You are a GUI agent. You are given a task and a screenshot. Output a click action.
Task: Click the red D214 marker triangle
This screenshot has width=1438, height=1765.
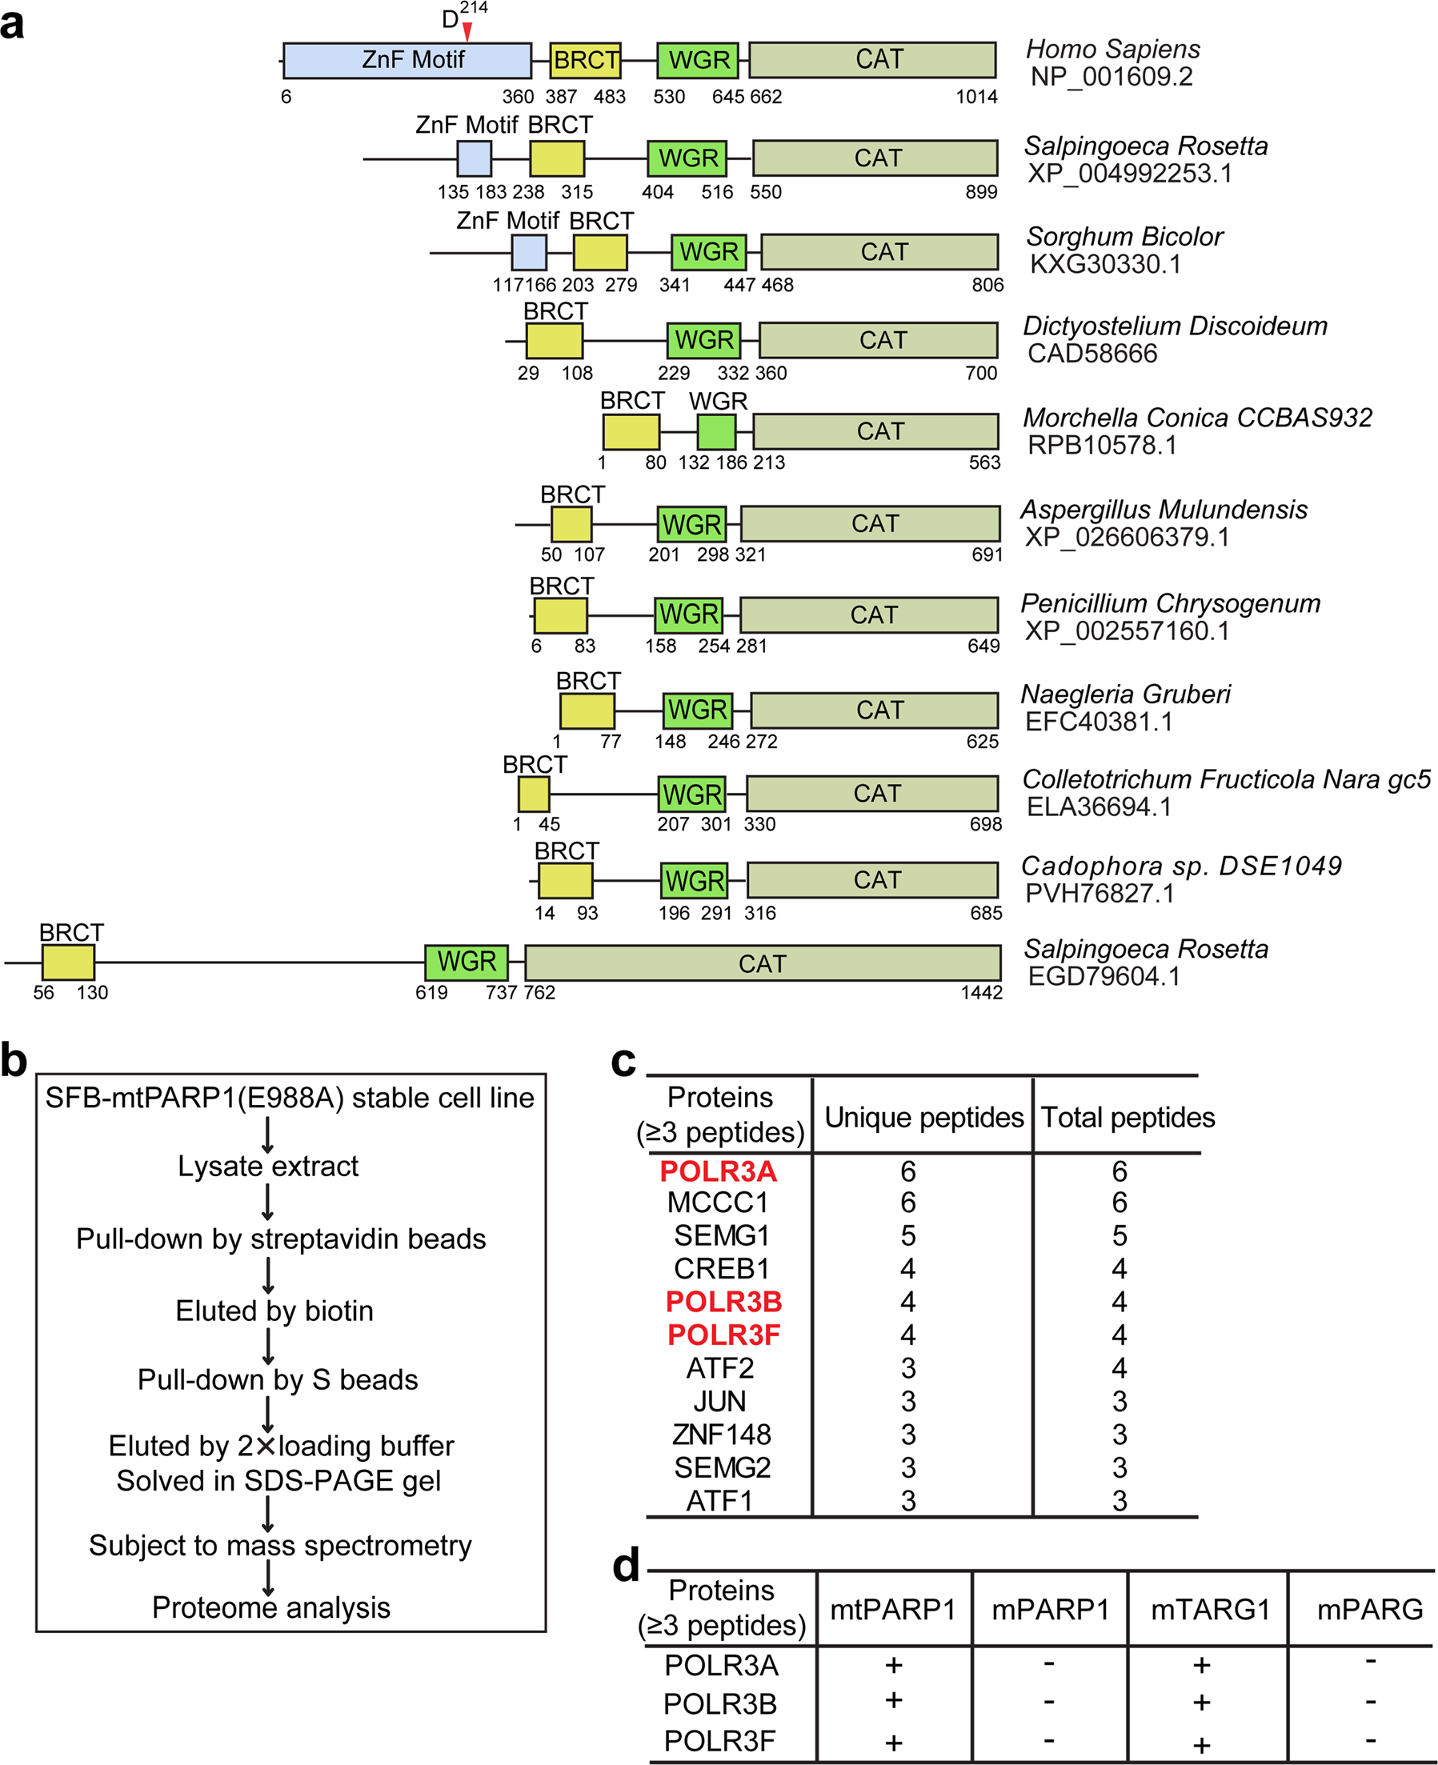467,32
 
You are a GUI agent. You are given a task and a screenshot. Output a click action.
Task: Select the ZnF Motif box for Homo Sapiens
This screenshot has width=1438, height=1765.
407,61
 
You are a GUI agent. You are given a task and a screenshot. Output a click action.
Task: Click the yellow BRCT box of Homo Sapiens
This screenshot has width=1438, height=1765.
586,61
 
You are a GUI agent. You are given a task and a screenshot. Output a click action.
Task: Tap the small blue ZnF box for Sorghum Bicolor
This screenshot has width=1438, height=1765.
528,253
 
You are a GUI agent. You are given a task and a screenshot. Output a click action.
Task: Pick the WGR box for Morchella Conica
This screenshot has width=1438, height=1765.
716,431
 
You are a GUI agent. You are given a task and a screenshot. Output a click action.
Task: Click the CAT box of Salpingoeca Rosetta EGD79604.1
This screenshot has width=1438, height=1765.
762,963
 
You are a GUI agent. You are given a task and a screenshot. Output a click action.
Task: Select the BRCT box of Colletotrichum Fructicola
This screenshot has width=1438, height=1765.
534,794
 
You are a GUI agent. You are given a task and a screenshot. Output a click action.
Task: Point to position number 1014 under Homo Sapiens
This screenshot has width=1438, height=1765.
976,97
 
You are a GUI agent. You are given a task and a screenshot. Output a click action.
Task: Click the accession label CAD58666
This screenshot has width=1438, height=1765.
1092,354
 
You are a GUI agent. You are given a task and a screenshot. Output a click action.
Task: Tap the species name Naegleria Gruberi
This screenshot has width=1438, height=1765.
1125,694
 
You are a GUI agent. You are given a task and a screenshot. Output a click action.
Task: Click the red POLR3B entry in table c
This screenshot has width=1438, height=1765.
723,1302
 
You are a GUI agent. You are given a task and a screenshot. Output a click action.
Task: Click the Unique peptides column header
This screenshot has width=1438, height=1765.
923,1117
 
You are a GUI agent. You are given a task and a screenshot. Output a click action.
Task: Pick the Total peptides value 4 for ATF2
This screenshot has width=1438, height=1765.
1119,1368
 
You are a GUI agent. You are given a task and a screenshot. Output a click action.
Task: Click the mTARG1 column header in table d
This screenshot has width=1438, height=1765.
1209,1609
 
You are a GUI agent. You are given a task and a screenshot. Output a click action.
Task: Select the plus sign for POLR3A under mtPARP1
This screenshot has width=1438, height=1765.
893,1666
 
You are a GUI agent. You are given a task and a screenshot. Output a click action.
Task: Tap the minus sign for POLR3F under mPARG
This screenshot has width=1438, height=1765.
1371,1740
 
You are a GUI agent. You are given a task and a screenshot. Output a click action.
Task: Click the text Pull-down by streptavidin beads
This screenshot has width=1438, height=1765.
281,1239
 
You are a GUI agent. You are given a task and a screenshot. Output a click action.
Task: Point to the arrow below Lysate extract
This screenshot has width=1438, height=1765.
267,1202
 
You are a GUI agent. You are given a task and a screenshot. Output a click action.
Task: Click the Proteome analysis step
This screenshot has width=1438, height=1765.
270,1607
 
